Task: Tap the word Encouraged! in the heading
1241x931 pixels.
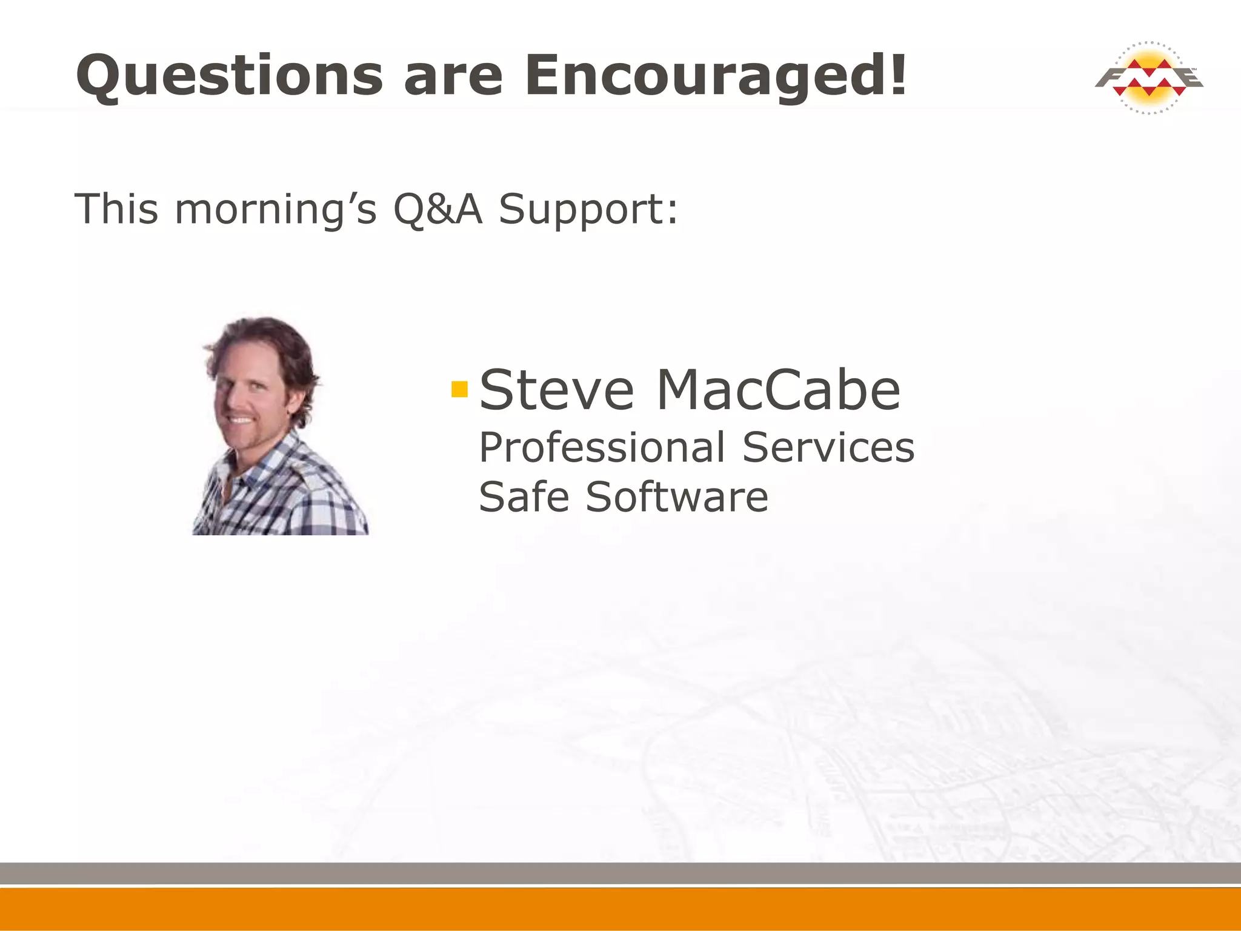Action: [x=716, y=76]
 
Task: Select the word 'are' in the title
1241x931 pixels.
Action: [x=453, y=77]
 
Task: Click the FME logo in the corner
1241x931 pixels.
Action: [x=1148, y=78]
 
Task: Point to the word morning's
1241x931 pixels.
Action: [x=276, y=209]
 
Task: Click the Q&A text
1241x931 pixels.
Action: [x=438, y=209]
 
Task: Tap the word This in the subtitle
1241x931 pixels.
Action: [x=116, y=209]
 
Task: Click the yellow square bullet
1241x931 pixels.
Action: [x=460, y=389]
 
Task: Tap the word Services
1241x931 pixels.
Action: [x=828, y=448]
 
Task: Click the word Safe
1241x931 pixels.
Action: [x=524, y=497]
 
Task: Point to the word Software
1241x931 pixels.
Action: [x=677, y=497]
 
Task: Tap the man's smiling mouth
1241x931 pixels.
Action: [x=241, y=419]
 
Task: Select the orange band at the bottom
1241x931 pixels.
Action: [x=620, y=909]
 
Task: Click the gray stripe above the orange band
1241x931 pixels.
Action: [x=620, y=873]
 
